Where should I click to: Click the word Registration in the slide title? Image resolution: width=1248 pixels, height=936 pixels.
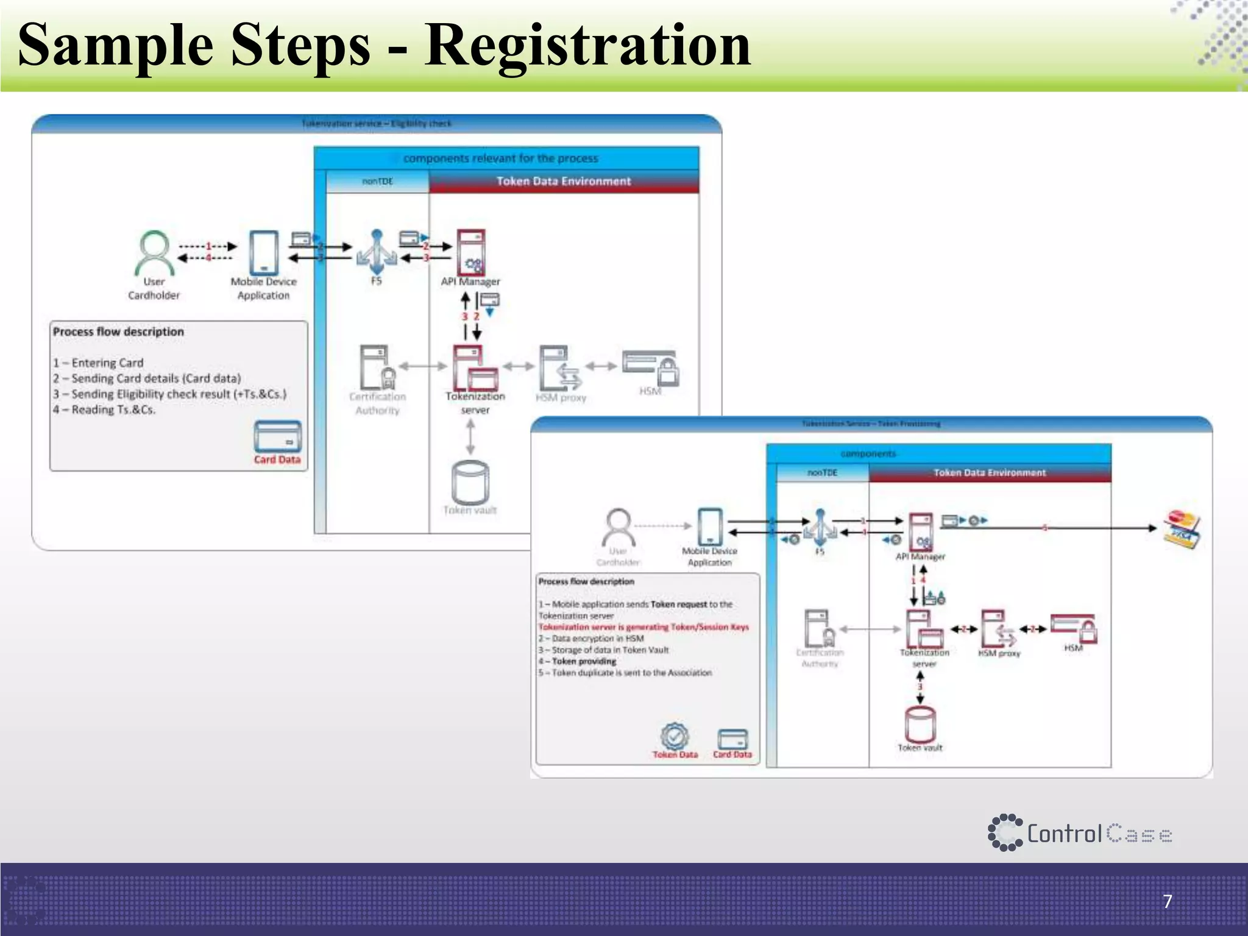pyautogui.click(x=587, y=46)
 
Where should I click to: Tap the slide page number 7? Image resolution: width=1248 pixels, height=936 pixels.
pyautogui.click(x=1167, y=901)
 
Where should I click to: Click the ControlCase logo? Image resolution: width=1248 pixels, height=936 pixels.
pyautogui.click(x=1079, y=833)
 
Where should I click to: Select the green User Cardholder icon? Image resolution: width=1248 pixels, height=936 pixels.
pyautogui.click(x=154, y=252)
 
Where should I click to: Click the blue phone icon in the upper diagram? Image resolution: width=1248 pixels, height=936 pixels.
pyautogui.click(x=264, y=252)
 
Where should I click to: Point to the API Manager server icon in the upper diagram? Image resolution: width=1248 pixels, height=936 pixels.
pyautogui.click(x=472, y=252)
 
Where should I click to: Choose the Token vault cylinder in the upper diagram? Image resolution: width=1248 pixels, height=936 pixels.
pyautogui.click(x=470, y=482)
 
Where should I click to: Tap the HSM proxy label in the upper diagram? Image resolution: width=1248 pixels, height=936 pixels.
pyautogui.click(x=561, y=398)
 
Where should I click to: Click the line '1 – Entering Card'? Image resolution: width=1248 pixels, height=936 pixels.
pyautogui.click(x=98, y=363)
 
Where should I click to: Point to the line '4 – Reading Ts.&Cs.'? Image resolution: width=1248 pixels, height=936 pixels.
pyautogui.click(x=104, y=409)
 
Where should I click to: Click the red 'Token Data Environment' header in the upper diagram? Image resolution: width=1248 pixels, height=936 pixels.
pyautogui.click(x=564, y=181)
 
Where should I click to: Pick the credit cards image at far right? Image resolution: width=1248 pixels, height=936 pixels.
pyautogui.click(x=1182, y=528)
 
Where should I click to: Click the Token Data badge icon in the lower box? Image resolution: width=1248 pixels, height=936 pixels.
pyautogui.click(x=675, y=736)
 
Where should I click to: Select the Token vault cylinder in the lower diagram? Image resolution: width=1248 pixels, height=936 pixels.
pyautogui.click(x=920, y=724)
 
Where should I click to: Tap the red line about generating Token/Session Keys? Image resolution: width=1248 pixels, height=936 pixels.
pyautogui.click(x=643, y=627)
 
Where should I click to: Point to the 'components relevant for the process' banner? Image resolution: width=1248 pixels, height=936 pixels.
pyautogui.click(x=501, y=158)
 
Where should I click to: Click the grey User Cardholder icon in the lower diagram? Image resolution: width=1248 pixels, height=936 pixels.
pyautogui.click(x=619, y=528)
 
